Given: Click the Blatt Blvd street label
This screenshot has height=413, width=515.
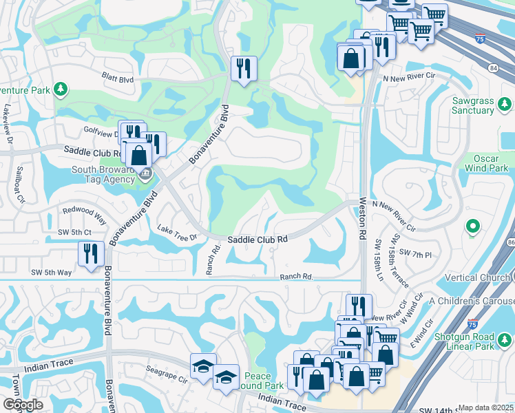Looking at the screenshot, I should coord(117,80).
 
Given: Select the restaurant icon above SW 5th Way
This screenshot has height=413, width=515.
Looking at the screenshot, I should coord(90,254).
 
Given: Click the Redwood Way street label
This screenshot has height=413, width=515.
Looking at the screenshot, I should coord(84,214).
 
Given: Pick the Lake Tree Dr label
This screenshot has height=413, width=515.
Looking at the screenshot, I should coord(177,233).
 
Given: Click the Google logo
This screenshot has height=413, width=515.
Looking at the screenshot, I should coord(23,405).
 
